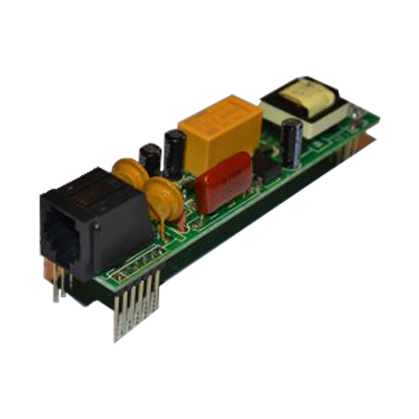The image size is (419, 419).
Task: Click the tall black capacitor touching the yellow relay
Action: coord(174,148)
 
